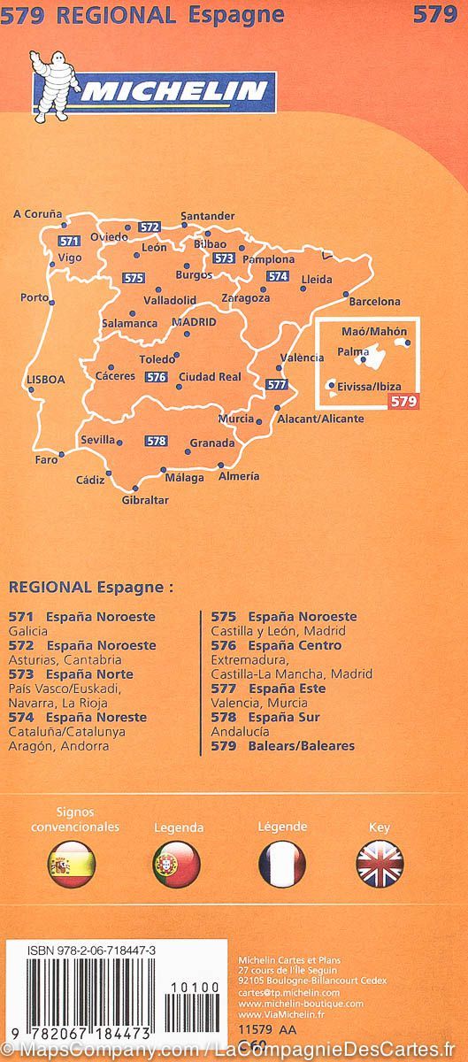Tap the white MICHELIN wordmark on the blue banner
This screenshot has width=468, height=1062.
(173, 90)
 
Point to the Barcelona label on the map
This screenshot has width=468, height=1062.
(374, 302)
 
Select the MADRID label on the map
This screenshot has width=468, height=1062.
(194, 322)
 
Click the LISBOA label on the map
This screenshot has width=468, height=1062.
(46, 379)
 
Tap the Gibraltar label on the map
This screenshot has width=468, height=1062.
(145, 500)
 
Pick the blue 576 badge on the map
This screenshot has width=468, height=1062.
(157, 377)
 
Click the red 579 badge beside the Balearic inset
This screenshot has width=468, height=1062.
(403, 401)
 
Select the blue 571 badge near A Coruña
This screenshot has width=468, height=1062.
(70, 242)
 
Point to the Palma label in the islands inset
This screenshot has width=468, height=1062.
(353, 352)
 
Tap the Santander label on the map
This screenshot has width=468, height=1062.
(207, 216)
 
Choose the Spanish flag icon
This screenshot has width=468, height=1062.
(71, 865)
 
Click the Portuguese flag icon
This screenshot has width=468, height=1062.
(177, 865)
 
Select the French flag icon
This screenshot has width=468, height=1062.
(282, 865)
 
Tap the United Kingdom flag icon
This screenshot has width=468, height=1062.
(380, 865)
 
